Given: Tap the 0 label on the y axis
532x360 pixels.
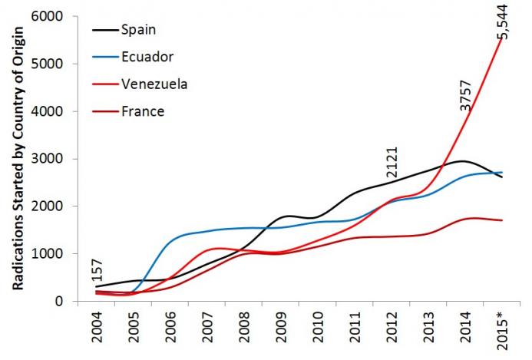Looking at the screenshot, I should coord(62,301).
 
